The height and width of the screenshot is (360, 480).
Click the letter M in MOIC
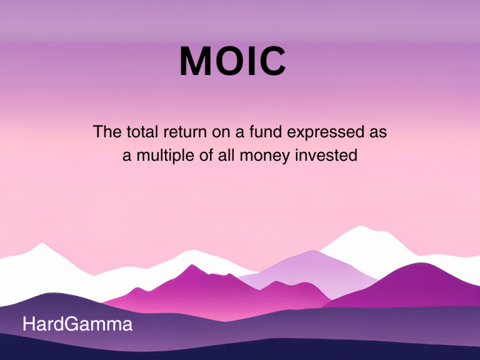[x=197, y=61]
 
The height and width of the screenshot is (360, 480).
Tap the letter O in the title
[x=232, y=61]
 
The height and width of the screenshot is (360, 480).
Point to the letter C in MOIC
[x=274, y=61]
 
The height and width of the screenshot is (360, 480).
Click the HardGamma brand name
[x=77, y=325]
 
